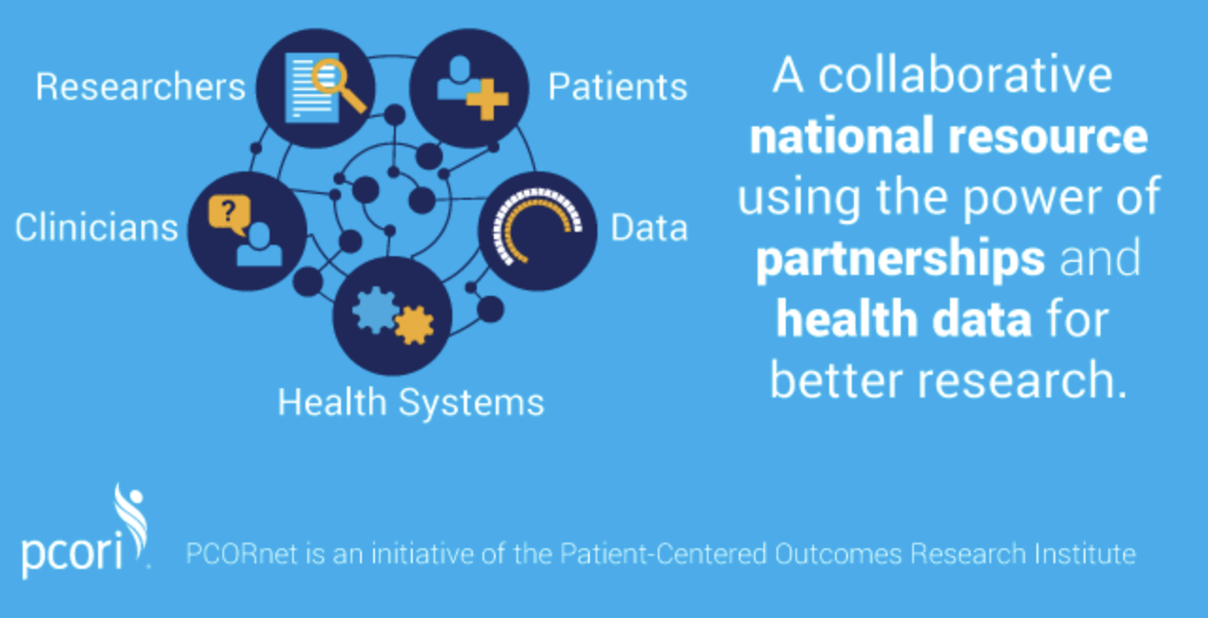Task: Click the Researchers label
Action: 140,87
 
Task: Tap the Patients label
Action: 618,87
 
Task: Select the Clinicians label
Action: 96,227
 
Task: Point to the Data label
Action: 649,228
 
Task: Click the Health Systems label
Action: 411,403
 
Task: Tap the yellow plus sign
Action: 487,99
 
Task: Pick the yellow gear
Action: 415,325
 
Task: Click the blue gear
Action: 376,310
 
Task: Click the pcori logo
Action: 85,531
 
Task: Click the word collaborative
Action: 965,75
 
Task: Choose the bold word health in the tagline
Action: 847,319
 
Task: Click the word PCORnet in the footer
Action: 241,554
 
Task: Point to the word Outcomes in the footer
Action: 839,554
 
